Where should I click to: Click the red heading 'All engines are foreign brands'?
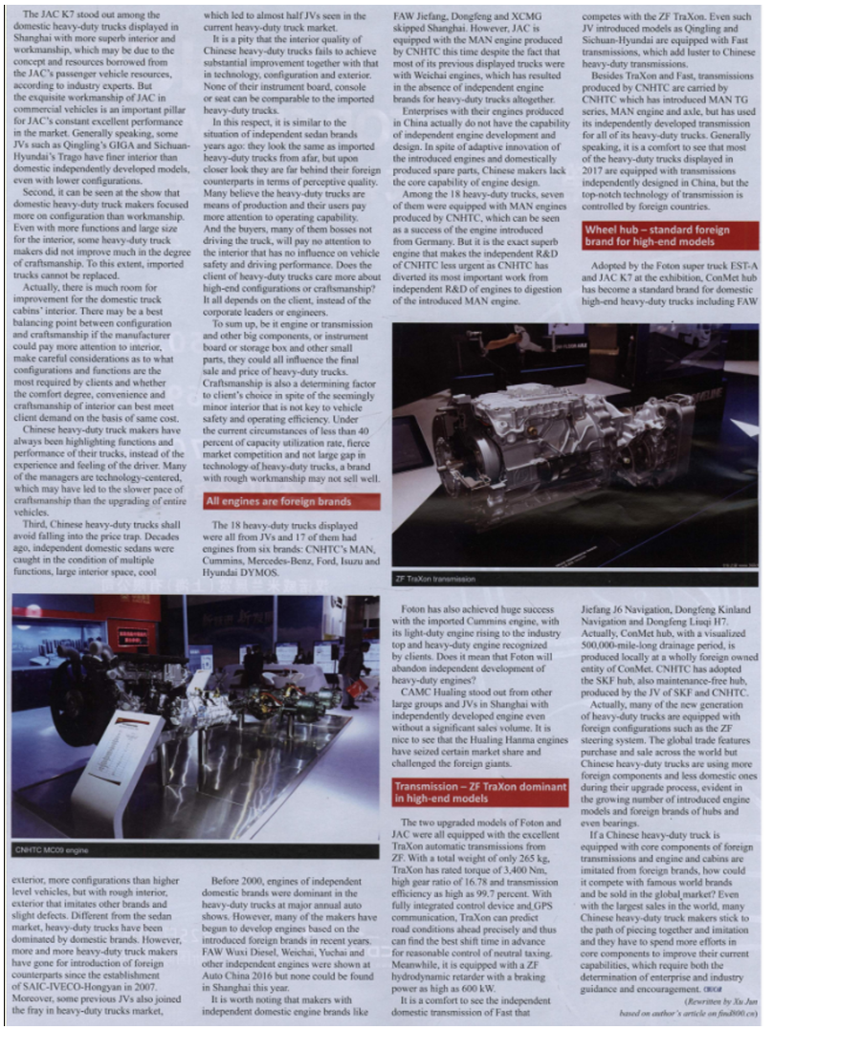(x=291, y=501)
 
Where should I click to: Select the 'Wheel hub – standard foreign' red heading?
(x=670, y=235)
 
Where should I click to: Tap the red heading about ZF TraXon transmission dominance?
(x=480, y=792)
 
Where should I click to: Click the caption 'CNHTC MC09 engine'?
(x=53, y=849)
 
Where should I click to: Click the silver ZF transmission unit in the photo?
(x=536, y=440)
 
